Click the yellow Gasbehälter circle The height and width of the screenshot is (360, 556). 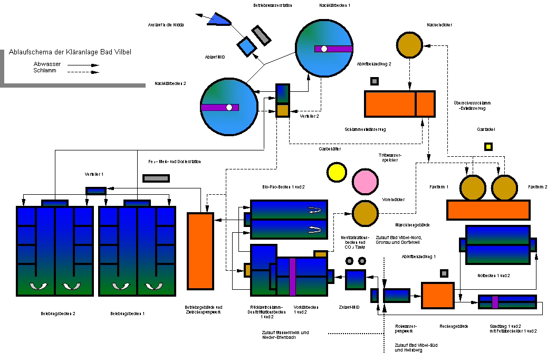(335, 171)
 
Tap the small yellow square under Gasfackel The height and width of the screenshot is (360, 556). (488, 147)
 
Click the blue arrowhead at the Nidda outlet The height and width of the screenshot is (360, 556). (218, 20)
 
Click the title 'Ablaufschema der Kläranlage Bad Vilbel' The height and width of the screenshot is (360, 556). (70, 52)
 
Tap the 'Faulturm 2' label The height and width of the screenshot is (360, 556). (538, 187)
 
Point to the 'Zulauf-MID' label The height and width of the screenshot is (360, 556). (349, 307)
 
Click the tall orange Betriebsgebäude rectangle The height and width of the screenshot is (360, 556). (200, 251)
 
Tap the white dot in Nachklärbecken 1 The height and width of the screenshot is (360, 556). (324, 49)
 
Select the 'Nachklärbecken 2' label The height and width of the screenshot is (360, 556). (170, 83)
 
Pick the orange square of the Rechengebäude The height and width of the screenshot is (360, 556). (437, 298)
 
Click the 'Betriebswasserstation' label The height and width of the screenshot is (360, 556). (273, 6)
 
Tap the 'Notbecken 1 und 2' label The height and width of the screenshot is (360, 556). (493, 276)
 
